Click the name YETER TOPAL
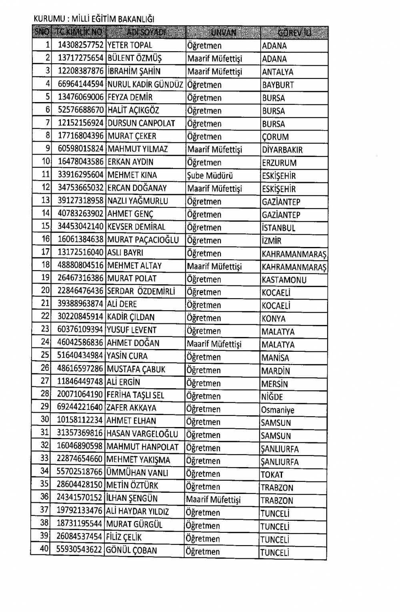(130, 45)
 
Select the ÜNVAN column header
(223, 33)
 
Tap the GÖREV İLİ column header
(294, 33)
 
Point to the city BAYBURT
(278, 85)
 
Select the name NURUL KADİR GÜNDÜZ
(145, 84)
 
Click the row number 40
(44, 549)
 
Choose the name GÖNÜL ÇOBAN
(131, 550)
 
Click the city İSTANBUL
(278, 228)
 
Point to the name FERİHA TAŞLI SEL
(135, 395)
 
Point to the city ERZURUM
(279, 163)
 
